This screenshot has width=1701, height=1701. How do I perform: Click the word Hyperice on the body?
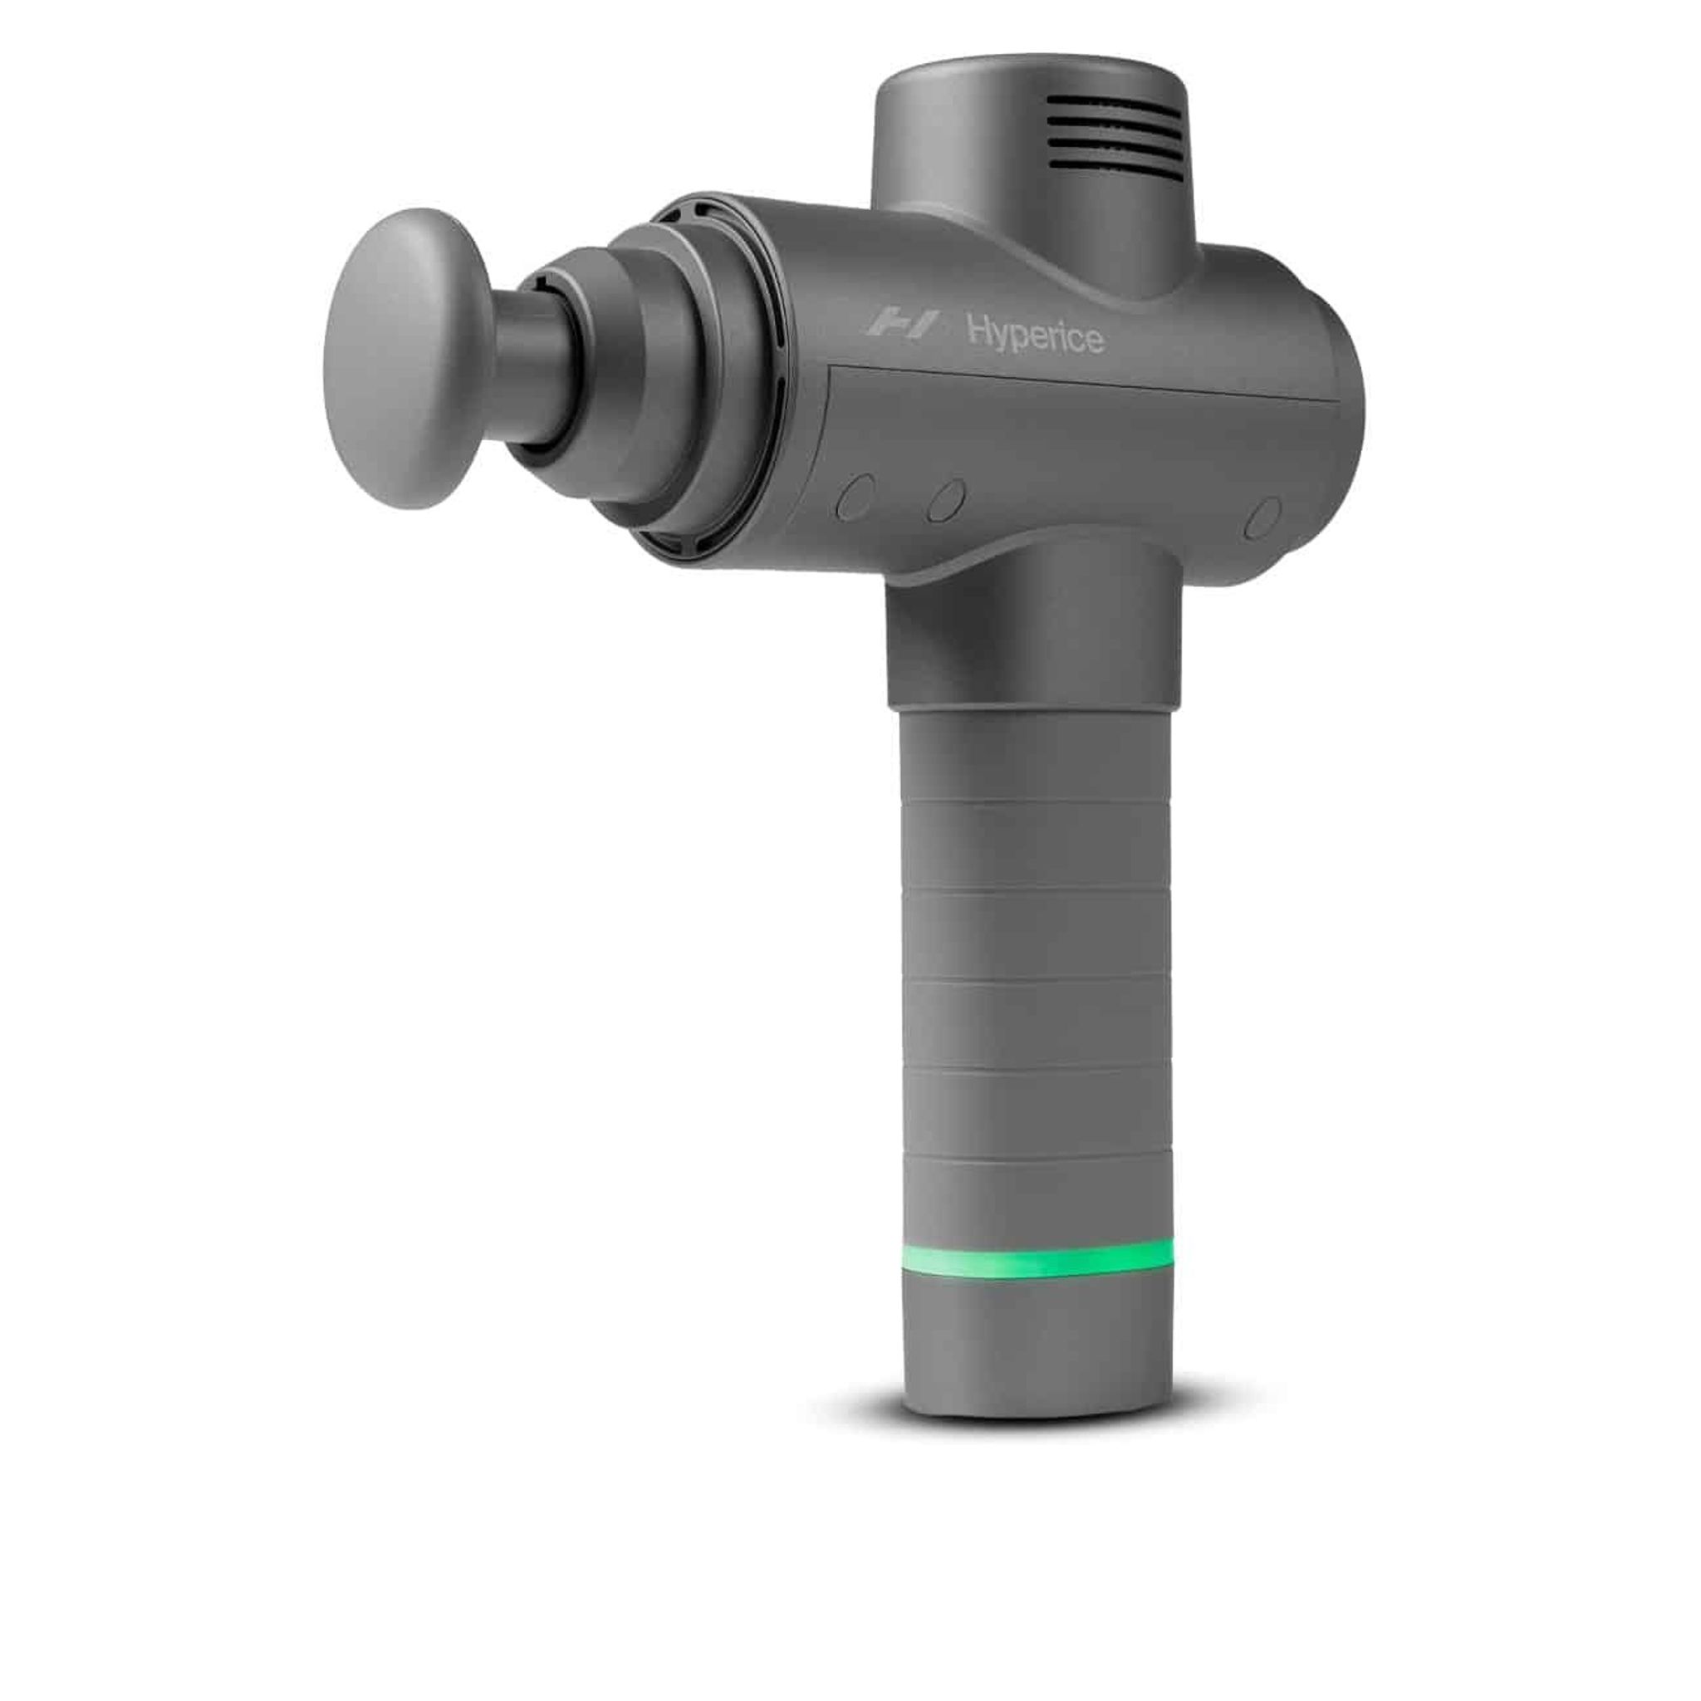click(x=1036, y=335)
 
